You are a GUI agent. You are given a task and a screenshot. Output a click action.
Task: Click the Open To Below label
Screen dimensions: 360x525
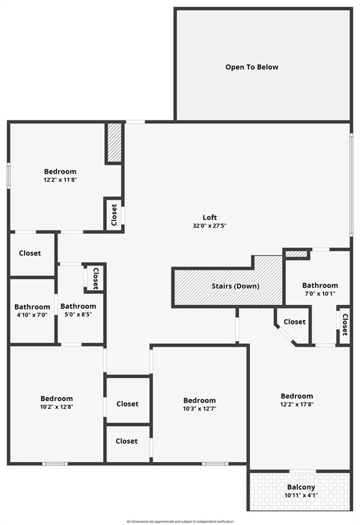click(x=251, y=67)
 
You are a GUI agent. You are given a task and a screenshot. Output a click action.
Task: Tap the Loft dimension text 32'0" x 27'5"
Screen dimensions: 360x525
click(x=210, y=226)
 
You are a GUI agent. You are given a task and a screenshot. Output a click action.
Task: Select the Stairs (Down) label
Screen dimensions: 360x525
click(x=236, y=286)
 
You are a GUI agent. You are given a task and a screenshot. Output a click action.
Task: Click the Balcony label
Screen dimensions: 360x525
click(x=301, y=487)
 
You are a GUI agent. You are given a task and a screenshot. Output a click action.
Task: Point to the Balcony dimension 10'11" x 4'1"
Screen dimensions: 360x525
click(x=301, y=496)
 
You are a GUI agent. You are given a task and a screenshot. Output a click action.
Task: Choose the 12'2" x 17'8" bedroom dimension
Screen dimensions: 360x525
click(x=296, y=404)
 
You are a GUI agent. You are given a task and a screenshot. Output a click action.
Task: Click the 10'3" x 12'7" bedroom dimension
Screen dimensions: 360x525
click(x=199, y=409)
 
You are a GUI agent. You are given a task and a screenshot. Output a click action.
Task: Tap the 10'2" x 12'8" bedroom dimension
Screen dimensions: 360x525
click(x=57, y=407)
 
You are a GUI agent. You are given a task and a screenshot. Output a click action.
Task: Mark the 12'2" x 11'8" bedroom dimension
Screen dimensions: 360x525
click(x=60, y=180)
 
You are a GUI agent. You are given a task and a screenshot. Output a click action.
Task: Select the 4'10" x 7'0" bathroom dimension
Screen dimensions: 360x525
click(x=32, y=314)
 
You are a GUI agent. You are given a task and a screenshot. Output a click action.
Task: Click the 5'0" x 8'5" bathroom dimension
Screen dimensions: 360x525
click(x=79, y=314)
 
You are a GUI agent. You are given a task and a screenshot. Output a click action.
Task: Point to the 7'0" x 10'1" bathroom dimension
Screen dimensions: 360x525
click(x=320, y=294)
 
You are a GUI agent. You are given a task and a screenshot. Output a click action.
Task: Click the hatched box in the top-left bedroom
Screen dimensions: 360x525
click(x=114, y=143)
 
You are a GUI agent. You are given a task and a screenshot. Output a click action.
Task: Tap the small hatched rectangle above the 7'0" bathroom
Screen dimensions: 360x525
click(x=296, y=254)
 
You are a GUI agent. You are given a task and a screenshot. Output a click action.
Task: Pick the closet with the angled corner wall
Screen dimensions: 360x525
click(x=293, y=326)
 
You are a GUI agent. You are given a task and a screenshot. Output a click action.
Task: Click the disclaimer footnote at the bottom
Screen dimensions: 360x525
click(x=180, y=522)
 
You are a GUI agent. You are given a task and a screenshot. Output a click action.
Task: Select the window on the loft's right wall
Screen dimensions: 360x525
click(x=351, y=183)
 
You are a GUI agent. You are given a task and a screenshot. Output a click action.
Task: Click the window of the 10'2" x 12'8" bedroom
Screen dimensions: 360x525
click(x=55, y=463)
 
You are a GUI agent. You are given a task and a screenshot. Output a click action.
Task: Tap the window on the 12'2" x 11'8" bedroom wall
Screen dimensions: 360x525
click(x=9, y=175)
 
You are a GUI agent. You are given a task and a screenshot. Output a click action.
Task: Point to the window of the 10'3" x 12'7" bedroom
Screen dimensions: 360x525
click(x=215, y=463)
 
